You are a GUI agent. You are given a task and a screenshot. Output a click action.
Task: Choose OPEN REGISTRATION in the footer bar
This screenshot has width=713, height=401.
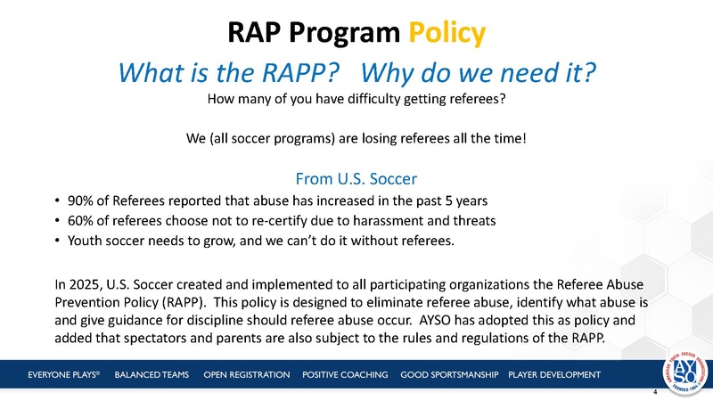coord(247,373)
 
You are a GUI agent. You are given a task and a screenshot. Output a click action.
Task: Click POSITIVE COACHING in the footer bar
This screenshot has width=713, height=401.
coord(347,373)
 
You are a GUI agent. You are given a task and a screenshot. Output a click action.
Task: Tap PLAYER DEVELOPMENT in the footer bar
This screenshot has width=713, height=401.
coord(553,373)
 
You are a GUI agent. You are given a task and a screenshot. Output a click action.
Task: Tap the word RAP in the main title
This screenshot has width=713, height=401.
coord(255,33)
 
